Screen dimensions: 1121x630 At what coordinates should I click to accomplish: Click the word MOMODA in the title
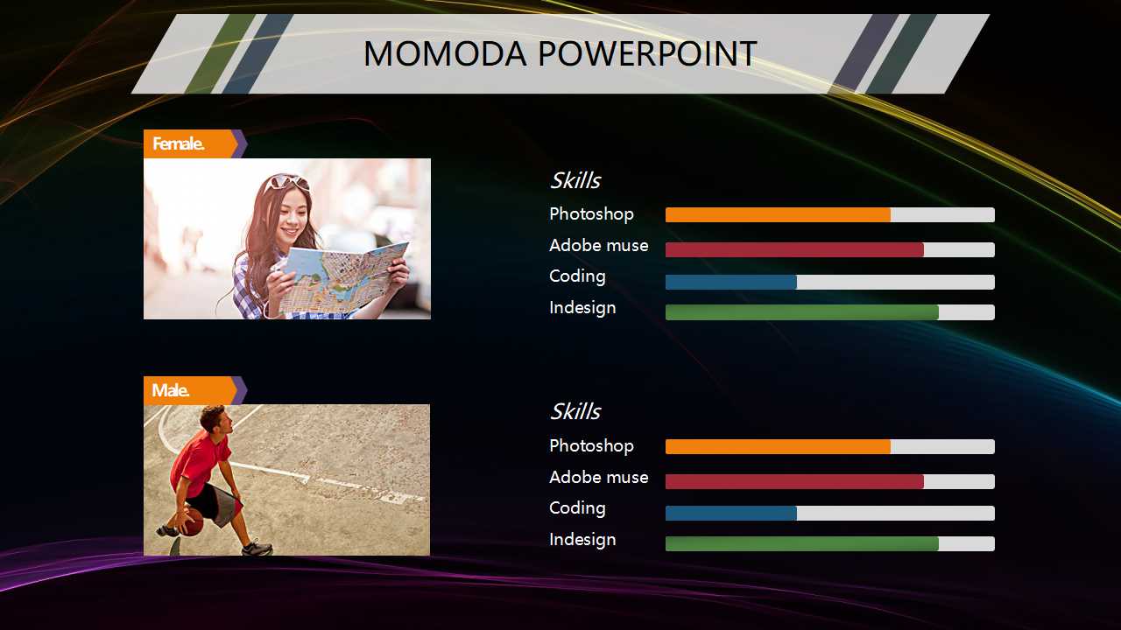point(445,53)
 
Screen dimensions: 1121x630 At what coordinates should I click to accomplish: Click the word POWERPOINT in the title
point(647,53)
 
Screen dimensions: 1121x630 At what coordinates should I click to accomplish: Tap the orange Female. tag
point(190,144)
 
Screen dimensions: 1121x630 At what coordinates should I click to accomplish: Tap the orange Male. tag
point(190,390)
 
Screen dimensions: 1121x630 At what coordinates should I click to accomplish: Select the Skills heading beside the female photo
point(575,180)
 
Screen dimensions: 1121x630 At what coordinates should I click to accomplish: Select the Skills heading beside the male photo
point(575,411)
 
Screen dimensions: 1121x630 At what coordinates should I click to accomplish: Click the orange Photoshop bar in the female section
point(778,215)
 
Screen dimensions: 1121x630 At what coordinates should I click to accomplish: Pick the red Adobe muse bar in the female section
point(794,249)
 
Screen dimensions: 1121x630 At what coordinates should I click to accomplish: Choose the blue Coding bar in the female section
point(731,282)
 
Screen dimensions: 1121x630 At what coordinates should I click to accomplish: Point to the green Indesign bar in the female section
point(802,312)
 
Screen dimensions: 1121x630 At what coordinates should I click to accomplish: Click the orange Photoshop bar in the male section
point(778,446)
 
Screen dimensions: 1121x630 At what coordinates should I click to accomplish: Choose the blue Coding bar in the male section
point(731,513)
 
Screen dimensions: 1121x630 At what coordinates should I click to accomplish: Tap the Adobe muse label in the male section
point(598,477)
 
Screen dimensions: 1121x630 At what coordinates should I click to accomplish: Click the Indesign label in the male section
point(582,540)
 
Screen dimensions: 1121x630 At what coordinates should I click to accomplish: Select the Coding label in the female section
point(577,276)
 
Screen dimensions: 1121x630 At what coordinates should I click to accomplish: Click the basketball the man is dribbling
point(192,523)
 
